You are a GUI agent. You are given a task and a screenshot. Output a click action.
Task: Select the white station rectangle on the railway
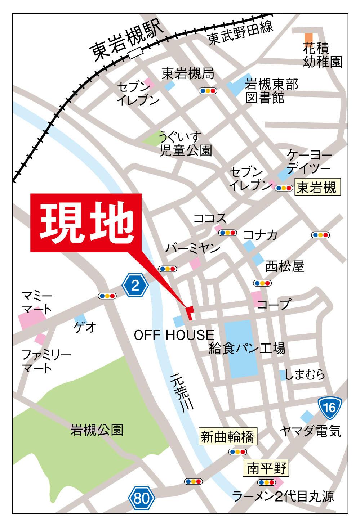tap(135, 54)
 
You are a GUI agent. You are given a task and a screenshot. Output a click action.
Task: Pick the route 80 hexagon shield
tap(142, 499)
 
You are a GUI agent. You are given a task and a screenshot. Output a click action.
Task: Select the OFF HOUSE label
tap(174, 335)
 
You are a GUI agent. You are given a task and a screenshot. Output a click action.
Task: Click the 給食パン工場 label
tap(247, 349)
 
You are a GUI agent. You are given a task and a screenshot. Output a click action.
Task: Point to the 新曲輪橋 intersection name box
tap(228, 437)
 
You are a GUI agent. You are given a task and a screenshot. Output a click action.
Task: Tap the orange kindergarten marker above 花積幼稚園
tap(308, 37)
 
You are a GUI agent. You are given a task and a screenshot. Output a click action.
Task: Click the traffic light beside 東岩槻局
tap(209, 91)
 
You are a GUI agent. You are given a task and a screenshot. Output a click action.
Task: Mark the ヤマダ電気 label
tap(310, 431)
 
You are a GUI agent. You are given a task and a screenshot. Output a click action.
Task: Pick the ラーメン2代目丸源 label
tap(283, 497)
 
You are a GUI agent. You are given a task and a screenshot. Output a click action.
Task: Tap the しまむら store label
tap(305, 374)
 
